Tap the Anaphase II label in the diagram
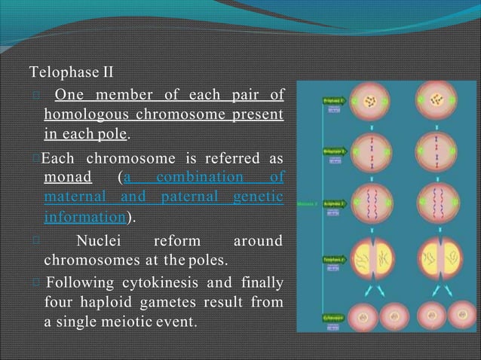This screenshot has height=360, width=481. click(x=334, y=203)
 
